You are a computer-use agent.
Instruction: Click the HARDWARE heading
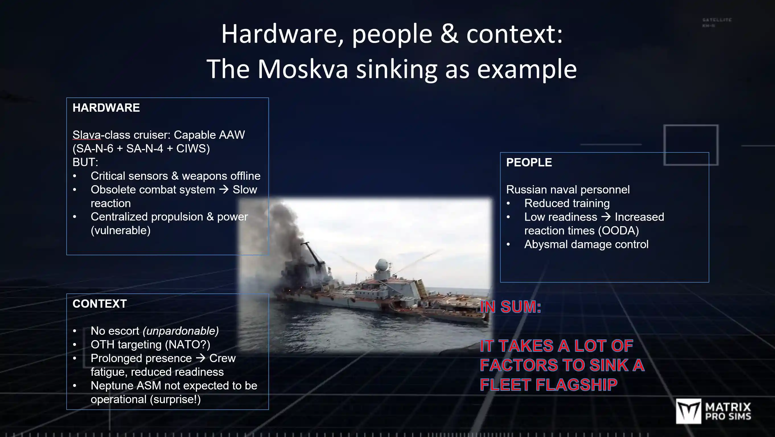106,108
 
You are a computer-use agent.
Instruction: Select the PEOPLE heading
529,163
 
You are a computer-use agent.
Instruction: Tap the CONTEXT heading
100,304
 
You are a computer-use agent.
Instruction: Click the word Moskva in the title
303,69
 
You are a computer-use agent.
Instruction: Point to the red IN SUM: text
511,307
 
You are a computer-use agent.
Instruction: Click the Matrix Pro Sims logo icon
688,411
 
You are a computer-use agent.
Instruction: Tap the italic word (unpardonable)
180,331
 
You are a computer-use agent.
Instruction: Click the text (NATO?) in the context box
188,344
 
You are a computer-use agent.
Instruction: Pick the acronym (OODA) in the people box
618,231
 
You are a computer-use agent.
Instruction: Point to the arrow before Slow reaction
224,190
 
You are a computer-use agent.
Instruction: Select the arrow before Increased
606,217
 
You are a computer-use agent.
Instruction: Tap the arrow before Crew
200,358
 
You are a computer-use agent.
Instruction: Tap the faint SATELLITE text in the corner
717,20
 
